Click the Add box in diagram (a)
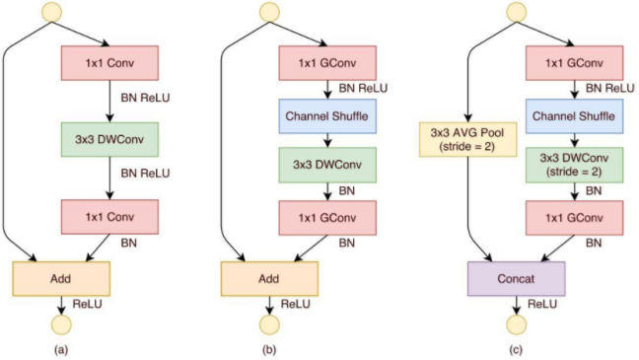click(61, 280)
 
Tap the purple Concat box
click(516, 280)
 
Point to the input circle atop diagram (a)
click(51, 13)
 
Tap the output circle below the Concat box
click(514, 324)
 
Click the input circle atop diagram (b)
click(267, 13)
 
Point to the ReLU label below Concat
click(542, 304)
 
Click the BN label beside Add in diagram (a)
click(130, 240)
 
